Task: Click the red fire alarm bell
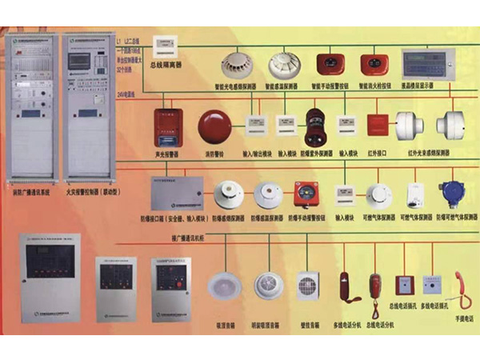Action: [x=214, y=126]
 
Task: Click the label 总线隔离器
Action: [x=169, y=65]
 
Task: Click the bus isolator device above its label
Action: [x=168, y=46]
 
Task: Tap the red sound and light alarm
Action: [x=169, y=126]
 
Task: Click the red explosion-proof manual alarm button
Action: [x=304, y=194]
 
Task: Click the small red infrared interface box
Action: [x=377, y=125]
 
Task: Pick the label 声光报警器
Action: [x=167, y=153]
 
